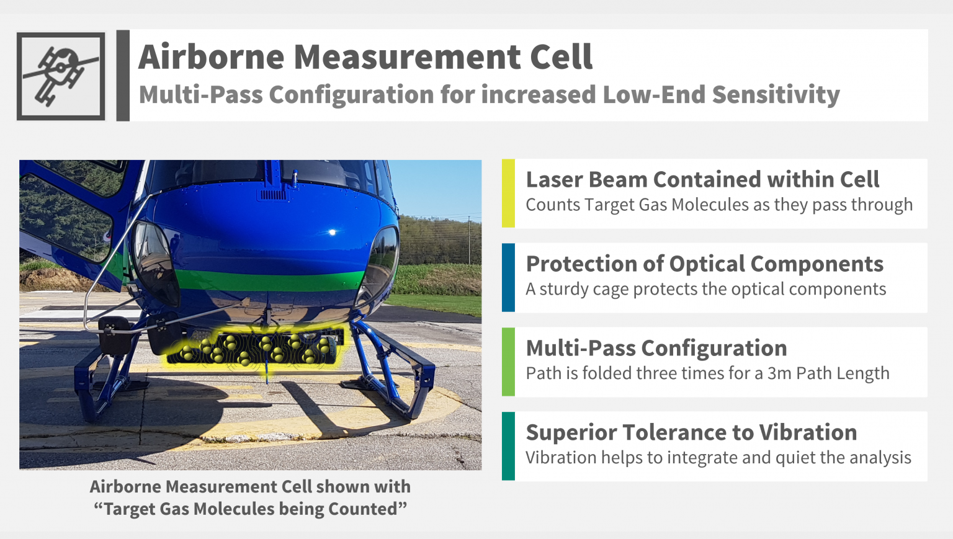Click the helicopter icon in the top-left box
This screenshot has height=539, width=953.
(x=60, y=76)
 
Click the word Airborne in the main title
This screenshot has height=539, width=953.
(x=212, y=57)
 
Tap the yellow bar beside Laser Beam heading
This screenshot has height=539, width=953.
(x=508, y=193)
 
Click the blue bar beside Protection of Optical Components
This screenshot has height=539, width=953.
(x=508, y=277)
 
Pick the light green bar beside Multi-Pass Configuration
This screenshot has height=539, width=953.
(x=508, y=362)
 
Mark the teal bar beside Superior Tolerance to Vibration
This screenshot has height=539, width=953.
(x=508, y=446)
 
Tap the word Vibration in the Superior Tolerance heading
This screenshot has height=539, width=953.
(x=808, y=432)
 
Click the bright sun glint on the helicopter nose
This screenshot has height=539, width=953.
(x=333, y=232)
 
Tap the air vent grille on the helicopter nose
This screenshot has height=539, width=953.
(x=273, y=195)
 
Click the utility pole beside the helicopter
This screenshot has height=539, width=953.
(x=469, y=241)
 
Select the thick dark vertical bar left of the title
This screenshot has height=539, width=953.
(x=123, y=76)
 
